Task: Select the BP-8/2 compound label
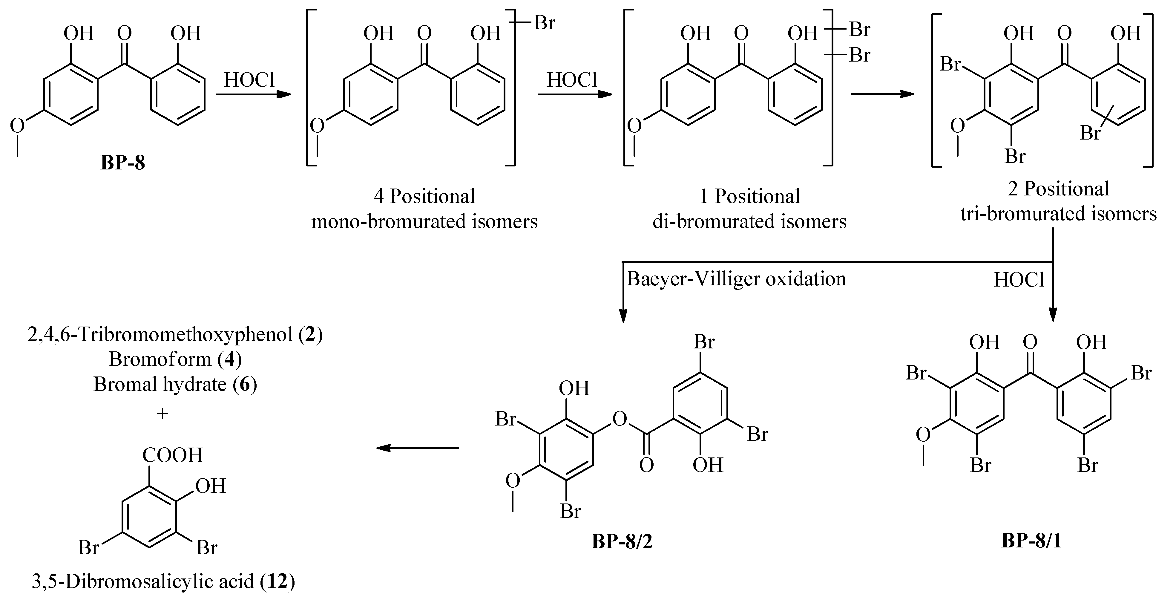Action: pos(622,541)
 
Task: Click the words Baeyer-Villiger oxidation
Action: pos(736,279)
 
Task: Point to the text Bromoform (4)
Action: pos(175,359)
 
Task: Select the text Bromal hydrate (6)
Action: pos(175,385)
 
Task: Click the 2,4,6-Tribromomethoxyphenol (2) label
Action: pos(175,335)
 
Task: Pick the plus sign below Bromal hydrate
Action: pos(162,414)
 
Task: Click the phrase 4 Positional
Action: pos(424,196)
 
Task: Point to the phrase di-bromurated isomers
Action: pos(749,221)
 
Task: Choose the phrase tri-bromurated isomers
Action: pos(1058,214)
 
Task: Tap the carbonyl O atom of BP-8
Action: pos(124,33)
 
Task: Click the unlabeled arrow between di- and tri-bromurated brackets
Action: pos(882,94)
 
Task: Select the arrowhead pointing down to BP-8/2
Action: pos(623,316)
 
